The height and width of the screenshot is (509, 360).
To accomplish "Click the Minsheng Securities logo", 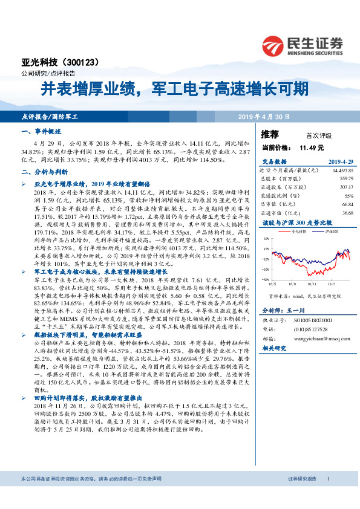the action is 303,45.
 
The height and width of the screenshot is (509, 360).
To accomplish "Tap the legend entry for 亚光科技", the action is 296,231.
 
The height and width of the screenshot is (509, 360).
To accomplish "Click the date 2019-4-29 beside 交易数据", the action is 341,163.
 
